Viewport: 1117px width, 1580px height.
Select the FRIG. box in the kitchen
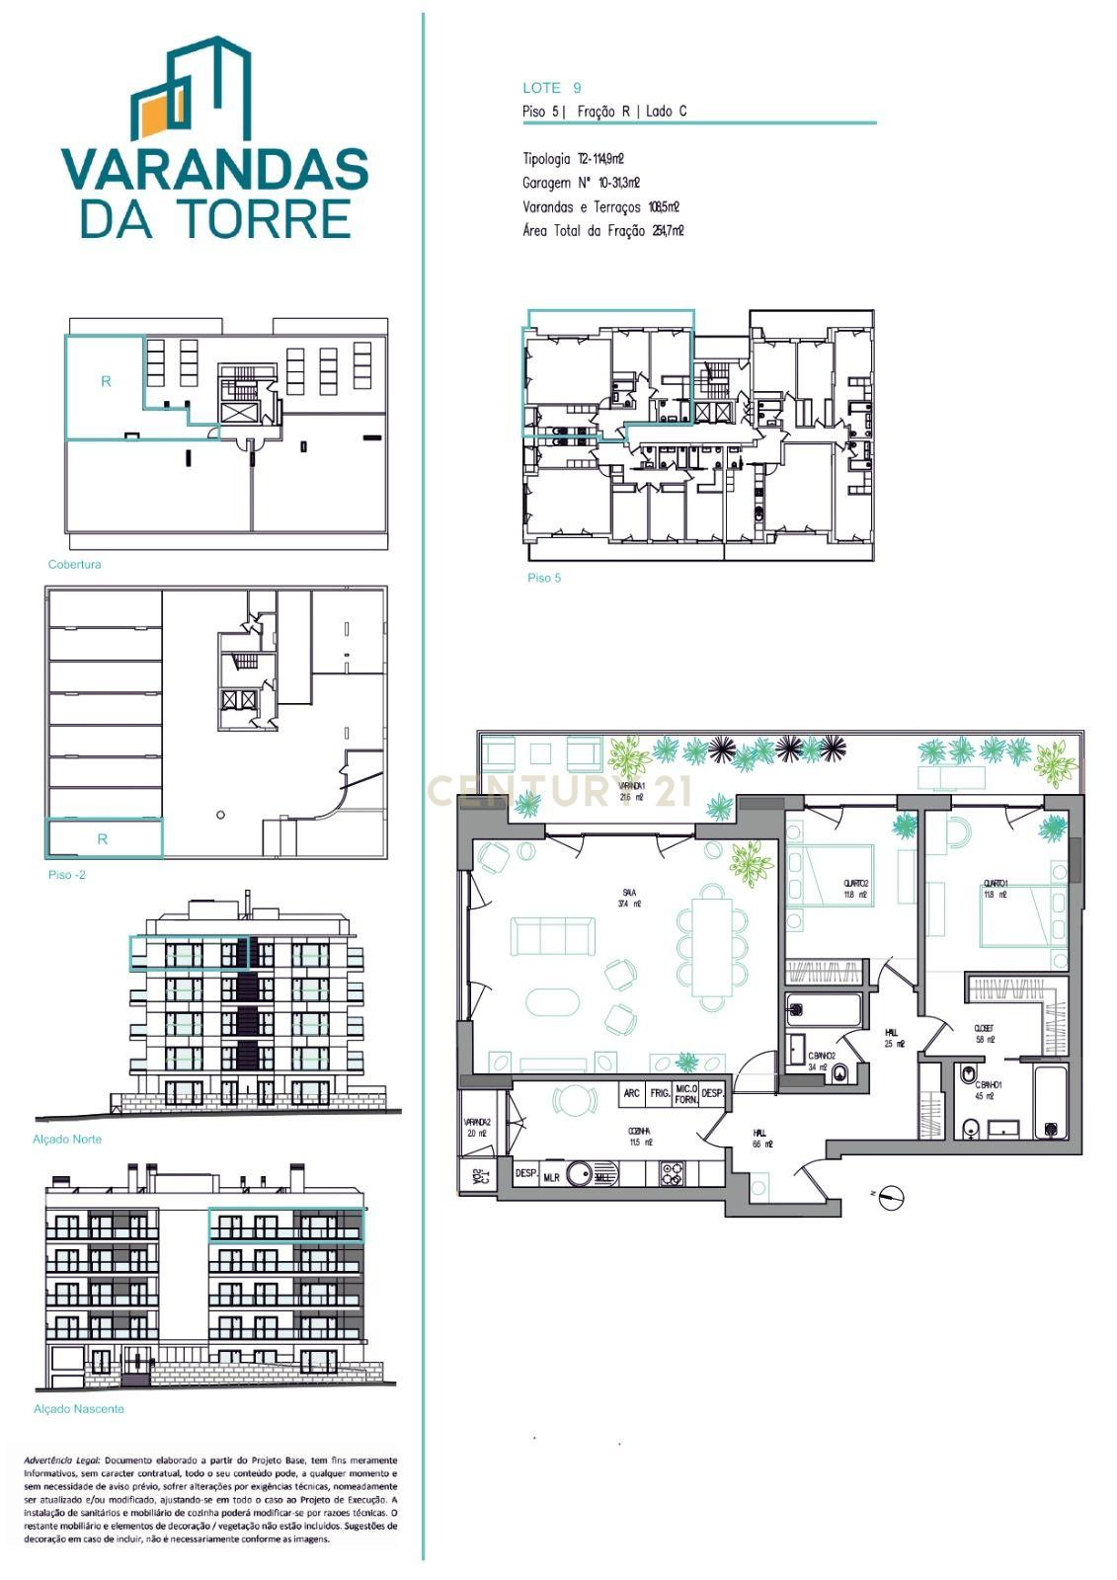[x=660, y=1093]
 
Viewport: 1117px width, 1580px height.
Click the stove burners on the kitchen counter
[x=672, y=1174]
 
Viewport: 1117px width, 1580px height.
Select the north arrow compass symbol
[x=892, y=1197]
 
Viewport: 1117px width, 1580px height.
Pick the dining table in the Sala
[x=711, y=947]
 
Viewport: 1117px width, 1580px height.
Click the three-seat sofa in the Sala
[x=553, y=936]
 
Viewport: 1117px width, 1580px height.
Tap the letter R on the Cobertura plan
[x=106, y=381]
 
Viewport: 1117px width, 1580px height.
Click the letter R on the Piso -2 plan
[x=102, y=839]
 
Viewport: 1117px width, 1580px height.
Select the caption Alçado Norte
[x=67, y=1140]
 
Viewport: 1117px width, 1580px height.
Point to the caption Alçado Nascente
[x=79, y=1409]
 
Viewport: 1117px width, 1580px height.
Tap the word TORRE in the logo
[x=266, y=218]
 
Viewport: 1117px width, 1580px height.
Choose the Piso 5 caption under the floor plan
[x=543, y=578]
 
